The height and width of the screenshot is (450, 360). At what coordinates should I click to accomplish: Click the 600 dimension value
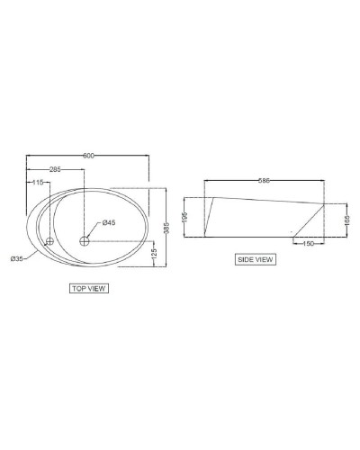88,156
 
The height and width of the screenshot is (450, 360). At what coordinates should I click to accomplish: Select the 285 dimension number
54,168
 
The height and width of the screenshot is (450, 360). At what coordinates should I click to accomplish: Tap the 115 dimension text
37,182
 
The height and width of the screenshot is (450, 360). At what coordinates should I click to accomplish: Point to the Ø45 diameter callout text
108,222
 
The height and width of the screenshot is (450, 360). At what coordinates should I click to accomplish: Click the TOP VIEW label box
88,290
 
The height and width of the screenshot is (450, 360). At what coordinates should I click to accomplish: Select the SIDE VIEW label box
255,259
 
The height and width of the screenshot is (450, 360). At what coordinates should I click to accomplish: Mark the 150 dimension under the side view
309,243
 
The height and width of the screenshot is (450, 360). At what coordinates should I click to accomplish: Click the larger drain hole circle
85,240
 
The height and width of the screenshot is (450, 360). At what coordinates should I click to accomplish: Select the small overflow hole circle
50,241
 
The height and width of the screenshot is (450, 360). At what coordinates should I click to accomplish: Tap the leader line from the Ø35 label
36,251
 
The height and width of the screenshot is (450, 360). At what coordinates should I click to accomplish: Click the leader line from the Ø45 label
94,231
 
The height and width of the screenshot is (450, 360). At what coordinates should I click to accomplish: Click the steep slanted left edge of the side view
209,217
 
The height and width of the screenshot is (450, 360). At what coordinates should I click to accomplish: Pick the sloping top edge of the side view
265,199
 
